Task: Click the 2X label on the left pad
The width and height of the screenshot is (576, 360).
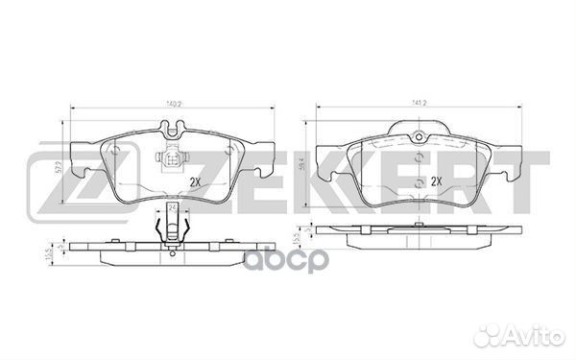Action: tap(196, 180)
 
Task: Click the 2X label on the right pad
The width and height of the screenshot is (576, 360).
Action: tap(437, 180)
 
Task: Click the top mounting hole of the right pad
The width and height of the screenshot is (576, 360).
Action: tap(419, 136)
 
